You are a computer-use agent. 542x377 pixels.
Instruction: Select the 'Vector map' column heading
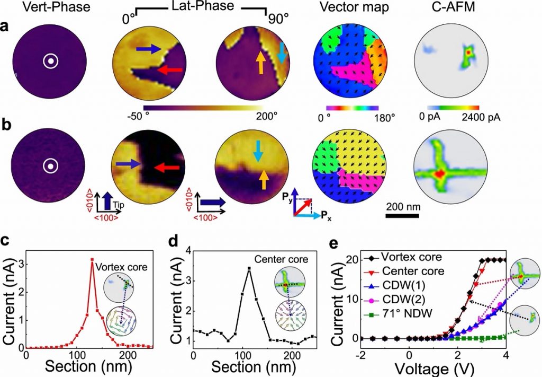tap(346, 8)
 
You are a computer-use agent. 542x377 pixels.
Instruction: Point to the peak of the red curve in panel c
tap(92, 259)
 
